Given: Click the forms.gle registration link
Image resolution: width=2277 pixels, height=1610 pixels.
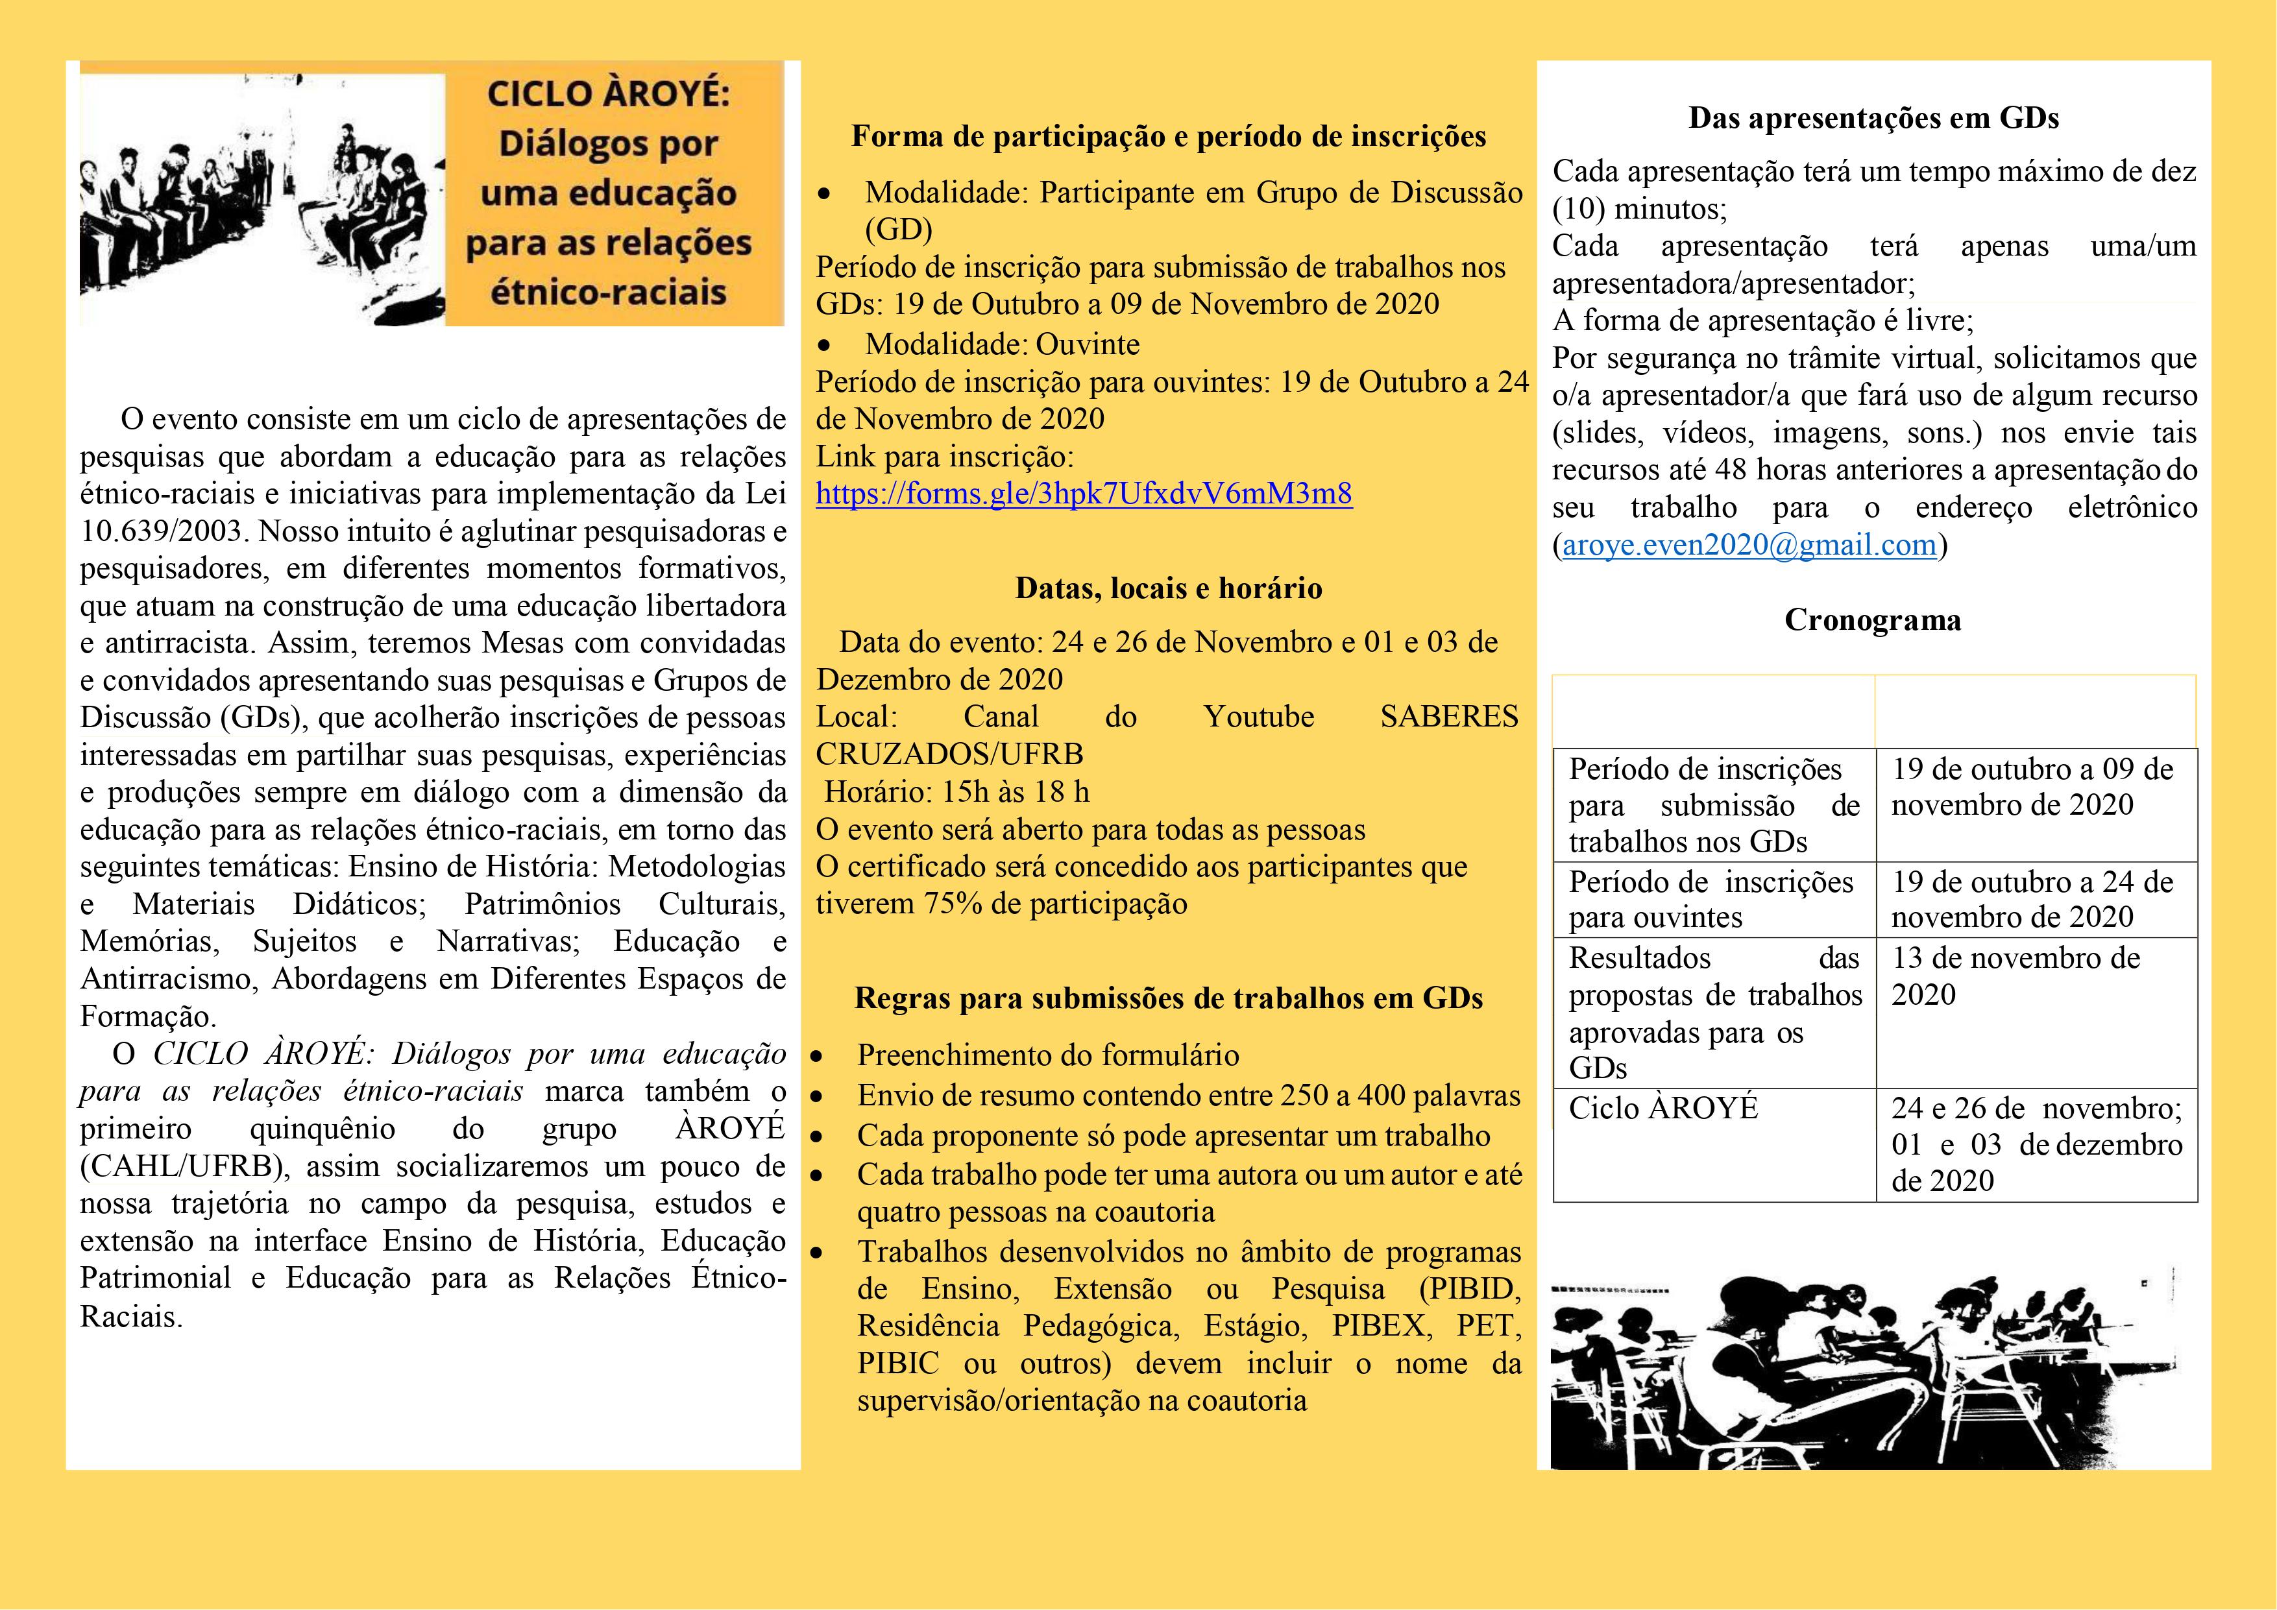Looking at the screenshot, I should click(x=1084, y=494).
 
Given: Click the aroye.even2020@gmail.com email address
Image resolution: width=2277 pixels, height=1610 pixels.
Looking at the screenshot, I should click(x=1749, y=544).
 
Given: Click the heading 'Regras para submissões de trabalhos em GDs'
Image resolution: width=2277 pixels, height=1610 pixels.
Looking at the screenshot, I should click(x=1168, y=998).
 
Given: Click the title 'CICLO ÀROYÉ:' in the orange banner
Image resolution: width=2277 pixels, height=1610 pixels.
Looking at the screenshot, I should click(x=609, y=94).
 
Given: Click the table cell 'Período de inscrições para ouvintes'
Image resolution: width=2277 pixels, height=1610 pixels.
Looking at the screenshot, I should click(x=1710, y=899).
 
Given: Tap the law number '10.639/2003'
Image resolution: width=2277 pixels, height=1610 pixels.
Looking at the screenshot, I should click(x=162, y=531).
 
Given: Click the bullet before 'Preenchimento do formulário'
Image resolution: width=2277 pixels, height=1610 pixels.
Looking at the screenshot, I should click(x=817, y=1057).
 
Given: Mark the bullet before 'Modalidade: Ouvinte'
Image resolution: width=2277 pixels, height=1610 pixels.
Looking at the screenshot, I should click(x=823, y=346).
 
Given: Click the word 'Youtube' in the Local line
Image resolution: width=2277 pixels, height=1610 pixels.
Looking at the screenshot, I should click(x=1258, y=717).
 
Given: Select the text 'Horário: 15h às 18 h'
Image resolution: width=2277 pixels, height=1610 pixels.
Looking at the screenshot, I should click(x=957, y=792).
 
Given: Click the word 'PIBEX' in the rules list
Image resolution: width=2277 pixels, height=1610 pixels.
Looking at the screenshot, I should click(x=1380, y=1327).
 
